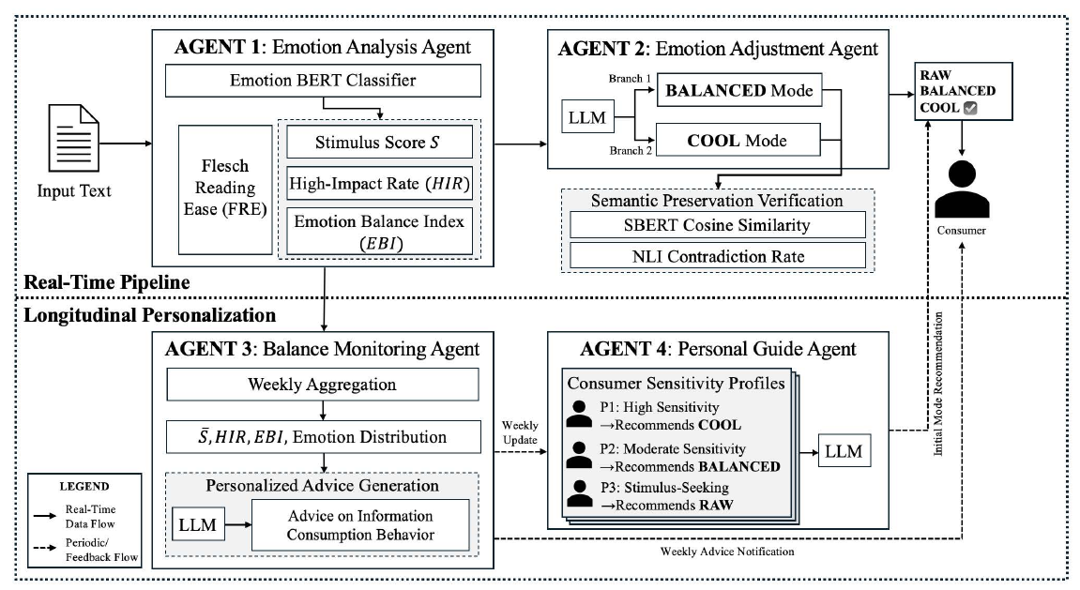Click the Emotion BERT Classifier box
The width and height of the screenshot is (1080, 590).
[x=323, y=81]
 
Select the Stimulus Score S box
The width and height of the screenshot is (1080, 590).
[x=379, y=142]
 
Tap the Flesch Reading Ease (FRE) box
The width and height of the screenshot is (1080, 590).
[x=225, y=189]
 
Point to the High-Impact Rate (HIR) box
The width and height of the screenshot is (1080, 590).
[x=379, y=183]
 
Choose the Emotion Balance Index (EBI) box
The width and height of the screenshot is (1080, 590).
[x=379, y=232]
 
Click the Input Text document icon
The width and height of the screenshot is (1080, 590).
[x=74, y=139]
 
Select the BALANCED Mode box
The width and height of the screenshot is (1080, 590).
[x=739, y=90]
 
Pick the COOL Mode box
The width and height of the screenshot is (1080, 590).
[x=738, y=141]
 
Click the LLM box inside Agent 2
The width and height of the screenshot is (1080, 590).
[x=587, y=117]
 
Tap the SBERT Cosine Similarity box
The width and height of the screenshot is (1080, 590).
[x=717, y=225]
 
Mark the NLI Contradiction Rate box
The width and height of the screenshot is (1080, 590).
[x=717, y=256]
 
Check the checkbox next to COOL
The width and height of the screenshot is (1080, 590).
[x=970, y=107]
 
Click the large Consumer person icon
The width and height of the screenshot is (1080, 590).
[x=962, y=189]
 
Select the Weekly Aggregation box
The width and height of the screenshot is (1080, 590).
[x=323, y=385]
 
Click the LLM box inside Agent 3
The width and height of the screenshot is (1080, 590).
[x=198, y=524]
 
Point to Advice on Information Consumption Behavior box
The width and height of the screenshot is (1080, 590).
[x=360, y=525]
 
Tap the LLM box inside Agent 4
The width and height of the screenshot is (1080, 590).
[x=844, y=451]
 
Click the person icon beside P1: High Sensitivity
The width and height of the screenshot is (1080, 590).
[x=579, y=415]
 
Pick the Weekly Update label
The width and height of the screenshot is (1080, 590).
[x=520, y=433]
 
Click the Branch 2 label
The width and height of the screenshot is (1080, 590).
[x=631, y=150]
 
